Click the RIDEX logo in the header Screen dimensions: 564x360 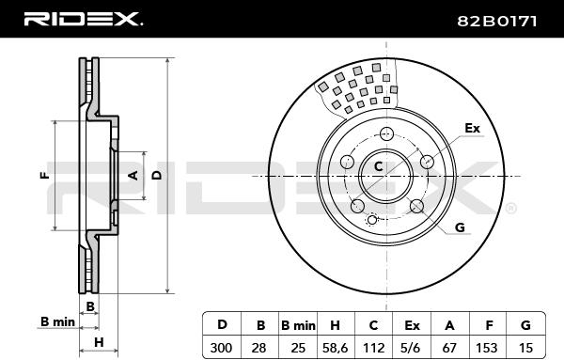pos(84,19)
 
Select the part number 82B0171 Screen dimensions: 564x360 pos(497,22)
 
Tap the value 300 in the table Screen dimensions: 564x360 pos(221,348)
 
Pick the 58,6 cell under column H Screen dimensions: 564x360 pos(335,348)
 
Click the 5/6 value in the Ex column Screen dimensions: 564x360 pos(412,348)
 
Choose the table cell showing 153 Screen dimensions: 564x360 pos(486,348)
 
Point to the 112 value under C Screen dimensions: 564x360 pos(374,348)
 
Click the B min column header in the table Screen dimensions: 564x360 pos(298,325)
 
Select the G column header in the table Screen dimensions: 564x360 pos(525,325)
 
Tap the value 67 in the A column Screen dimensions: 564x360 pos(449,348)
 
